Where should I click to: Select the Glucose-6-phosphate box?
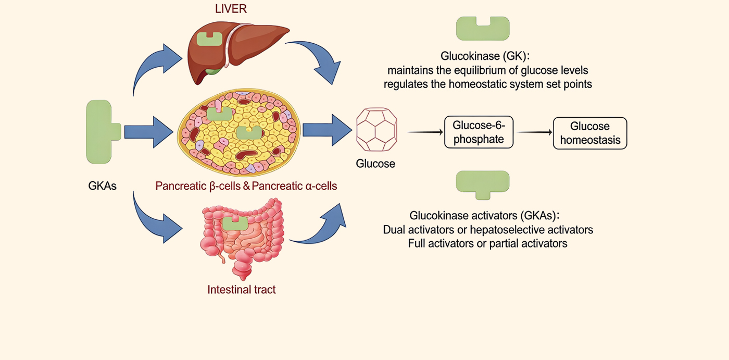point(477,132)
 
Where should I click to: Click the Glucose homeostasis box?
point(589,133)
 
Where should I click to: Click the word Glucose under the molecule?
point(375,164)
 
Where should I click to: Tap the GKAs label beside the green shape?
point(102,185)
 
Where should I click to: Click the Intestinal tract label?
point(242,290)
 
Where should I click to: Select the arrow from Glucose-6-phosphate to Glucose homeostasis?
point(535,132)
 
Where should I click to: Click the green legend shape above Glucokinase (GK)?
point(483,28)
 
